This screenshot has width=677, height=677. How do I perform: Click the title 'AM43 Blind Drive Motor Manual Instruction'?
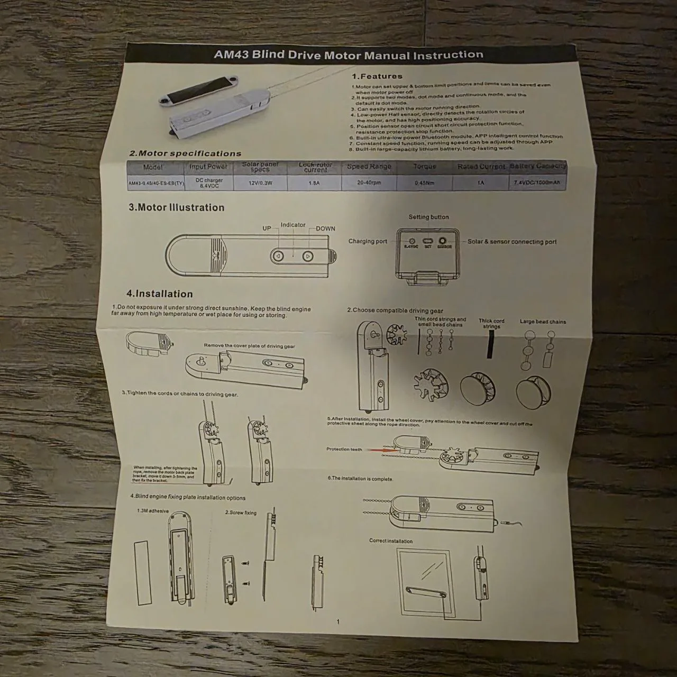pos(349,54)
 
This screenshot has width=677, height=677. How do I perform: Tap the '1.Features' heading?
pos(377,76)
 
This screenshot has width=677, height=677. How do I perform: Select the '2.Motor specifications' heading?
pos(185,153)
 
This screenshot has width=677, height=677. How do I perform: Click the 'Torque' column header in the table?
pos(425,166)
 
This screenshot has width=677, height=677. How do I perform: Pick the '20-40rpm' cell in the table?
pos(369,182)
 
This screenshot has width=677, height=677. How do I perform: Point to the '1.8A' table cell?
pos(314,183)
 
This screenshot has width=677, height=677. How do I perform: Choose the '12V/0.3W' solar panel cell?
pos(260,183)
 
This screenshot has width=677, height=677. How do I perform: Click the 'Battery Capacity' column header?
pos(537,166)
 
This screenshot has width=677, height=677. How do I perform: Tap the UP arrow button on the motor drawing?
pos(278,257)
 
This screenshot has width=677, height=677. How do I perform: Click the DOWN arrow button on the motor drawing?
pos(308,257)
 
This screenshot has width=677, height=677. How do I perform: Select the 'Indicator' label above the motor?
pos(293,225)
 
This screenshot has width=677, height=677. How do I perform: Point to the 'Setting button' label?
pos(428,217)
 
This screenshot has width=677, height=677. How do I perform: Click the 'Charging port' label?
pos(368,241)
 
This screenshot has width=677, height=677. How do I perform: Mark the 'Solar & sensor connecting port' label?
pos(512,242)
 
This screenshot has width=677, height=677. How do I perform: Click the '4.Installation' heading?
pos(159,294)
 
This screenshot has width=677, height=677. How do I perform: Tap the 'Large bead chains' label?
pos(543,322)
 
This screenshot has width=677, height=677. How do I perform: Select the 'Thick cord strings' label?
pos(491,323)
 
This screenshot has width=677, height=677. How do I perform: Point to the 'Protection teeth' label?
pos(344,449)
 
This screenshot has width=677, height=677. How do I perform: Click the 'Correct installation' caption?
pos(391,541)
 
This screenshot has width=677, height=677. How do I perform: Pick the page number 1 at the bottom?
pos(338,622)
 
